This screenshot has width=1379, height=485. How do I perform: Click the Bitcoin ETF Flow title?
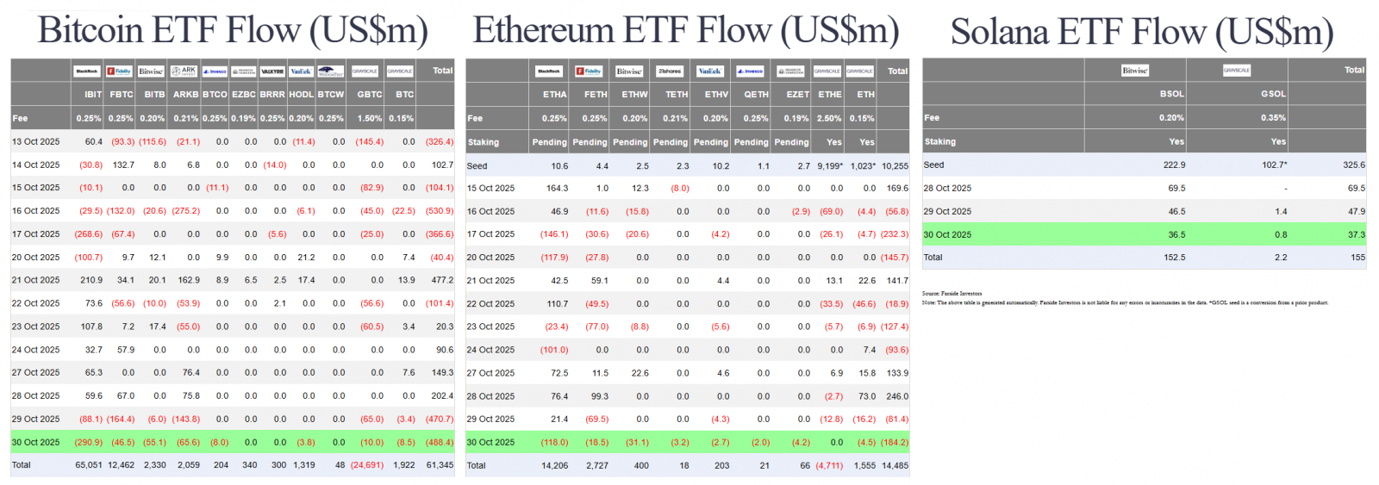233,31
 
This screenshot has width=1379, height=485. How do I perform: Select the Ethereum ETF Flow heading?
686,31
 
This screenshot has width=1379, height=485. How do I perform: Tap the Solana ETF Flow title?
1142,33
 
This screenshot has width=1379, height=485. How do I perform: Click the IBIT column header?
93,95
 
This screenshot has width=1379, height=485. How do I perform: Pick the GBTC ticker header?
370,95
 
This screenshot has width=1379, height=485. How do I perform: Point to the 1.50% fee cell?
370,118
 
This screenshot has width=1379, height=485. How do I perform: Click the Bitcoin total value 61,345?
440,465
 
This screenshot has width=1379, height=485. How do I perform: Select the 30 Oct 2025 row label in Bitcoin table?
36,442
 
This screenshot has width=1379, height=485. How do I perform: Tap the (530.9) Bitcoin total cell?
440,211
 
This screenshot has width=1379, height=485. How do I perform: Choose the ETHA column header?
555,95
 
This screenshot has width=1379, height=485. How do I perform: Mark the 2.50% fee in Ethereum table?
829,118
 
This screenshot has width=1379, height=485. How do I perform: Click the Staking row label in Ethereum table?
484,142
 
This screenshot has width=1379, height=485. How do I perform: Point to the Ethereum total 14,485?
895,465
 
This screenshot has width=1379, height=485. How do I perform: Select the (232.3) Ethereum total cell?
895,234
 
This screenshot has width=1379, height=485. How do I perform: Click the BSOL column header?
1171,94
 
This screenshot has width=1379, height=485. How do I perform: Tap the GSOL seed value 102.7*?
1274,165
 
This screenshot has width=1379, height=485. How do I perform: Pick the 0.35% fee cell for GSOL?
1273,118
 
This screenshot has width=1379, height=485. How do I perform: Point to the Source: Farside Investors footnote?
952,294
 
